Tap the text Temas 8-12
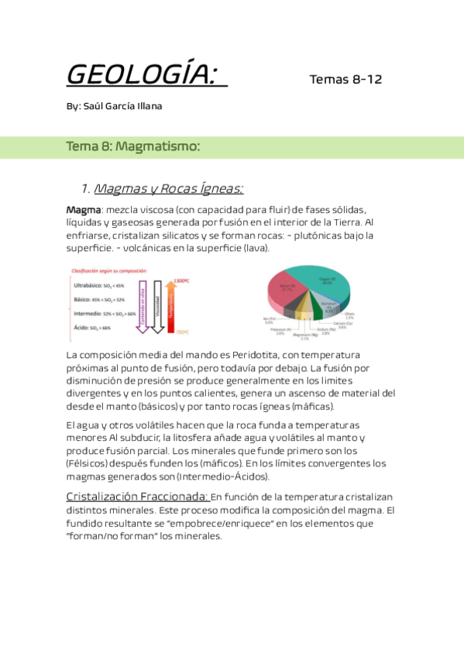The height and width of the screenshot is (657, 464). tap(345, 80)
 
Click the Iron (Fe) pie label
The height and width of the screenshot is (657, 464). tap(270, 321)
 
